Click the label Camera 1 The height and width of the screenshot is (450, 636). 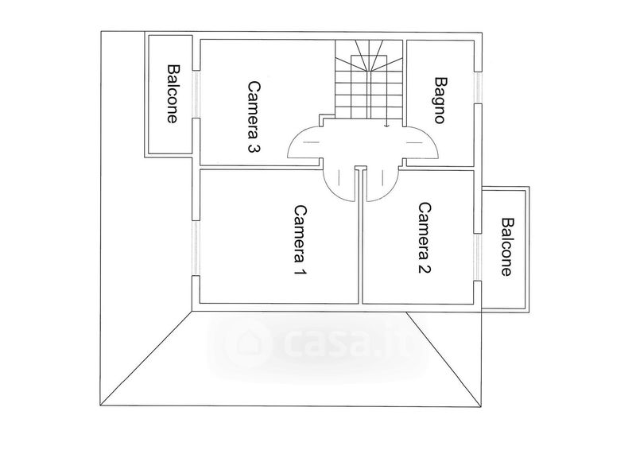(x=300, y=241)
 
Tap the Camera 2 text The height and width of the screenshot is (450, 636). (x=425, y=238)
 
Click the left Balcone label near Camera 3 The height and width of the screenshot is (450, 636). (x=172, y=94)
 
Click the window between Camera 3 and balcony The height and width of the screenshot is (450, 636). (x=196, y=95)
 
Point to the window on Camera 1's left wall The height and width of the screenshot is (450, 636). (x=196, y=246)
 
